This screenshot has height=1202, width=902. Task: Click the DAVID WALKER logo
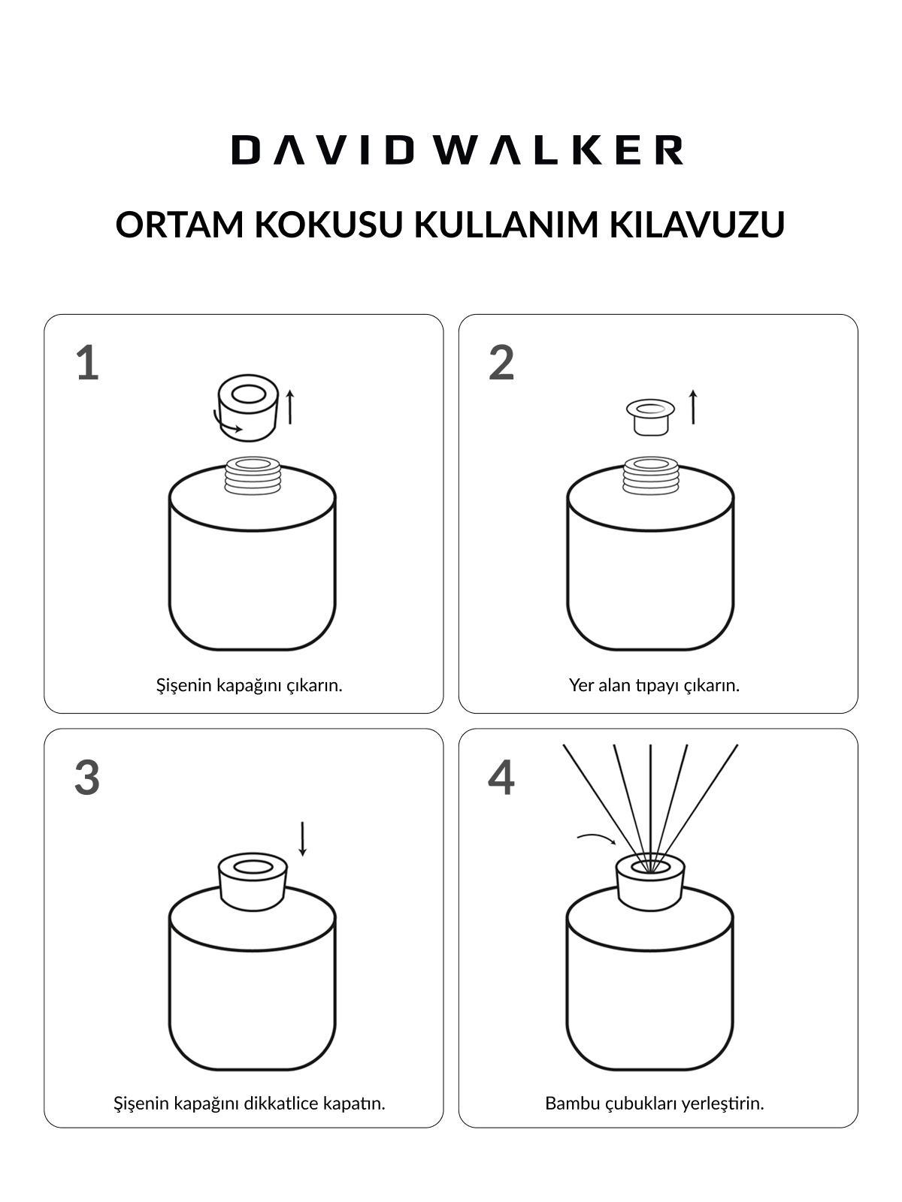[x=457, y=150]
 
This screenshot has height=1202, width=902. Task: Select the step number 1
[x=87, y=364]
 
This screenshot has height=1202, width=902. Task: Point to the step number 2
[x=501, y=364]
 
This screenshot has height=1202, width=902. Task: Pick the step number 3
[x=87, y=778]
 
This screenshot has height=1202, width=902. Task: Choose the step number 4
[x=501, y=778]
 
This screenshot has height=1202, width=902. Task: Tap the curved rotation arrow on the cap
[x=227, y=425]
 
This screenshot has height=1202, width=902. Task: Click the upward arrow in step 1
[x=290, y=407]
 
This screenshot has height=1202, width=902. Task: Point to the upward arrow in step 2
[x=693, y=407]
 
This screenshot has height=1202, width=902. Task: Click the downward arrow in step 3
[x=302, y=839]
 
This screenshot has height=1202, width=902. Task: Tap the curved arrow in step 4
[x=596, y=837]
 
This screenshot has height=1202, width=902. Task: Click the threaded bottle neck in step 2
[x=651, y=476]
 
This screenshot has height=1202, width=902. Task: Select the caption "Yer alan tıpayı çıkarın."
[x=654, y=685]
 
